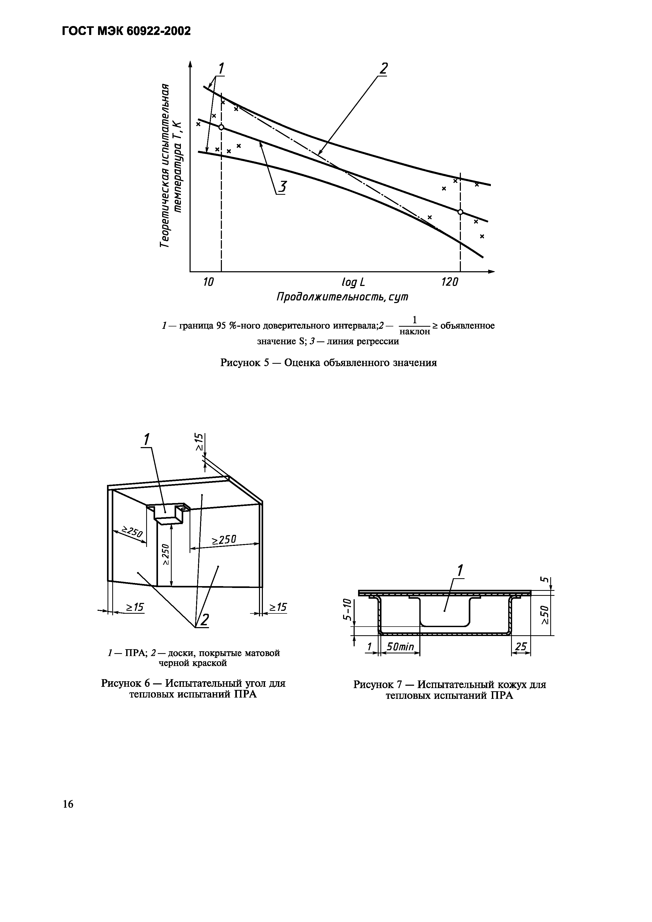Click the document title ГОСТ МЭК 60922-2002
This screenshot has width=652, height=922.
click(126, 31)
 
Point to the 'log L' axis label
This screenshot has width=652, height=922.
click(353, 283)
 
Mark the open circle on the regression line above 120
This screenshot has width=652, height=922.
click(460, 212)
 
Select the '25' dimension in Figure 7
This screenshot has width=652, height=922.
click(521, 647)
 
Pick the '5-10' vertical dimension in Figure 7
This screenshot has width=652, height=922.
click(348, 609)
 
